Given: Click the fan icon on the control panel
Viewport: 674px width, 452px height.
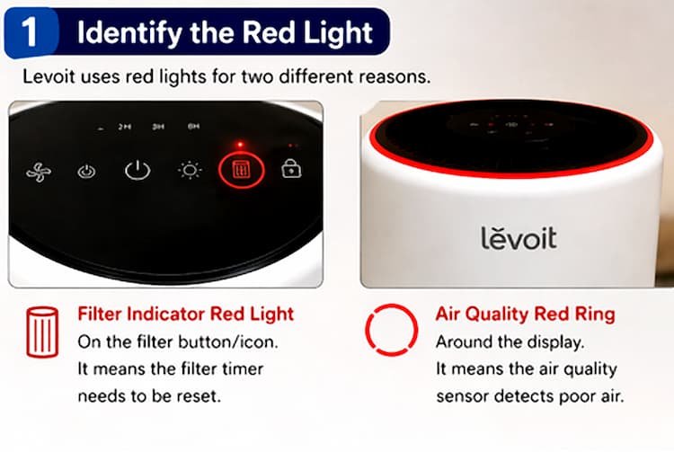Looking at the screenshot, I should click(38, 171).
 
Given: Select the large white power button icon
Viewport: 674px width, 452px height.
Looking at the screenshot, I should click(137, 170).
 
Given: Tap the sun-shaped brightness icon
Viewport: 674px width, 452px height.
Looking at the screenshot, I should click(189, 170).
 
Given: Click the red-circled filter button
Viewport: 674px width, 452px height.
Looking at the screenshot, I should click(242, 170).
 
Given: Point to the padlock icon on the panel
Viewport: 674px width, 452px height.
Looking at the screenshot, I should click(291, 169).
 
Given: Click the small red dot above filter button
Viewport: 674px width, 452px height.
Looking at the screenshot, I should click(240, 144).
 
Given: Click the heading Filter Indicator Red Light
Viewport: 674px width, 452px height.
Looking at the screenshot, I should click(185, 315).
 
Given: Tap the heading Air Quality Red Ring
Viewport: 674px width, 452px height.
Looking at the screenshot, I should click(525, 315).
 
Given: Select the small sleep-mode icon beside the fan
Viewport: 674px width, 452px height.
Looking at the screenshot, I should click(86, 171).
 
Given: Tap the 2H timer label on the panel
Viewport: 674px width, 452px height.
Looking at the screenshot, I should click(124, 128).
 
